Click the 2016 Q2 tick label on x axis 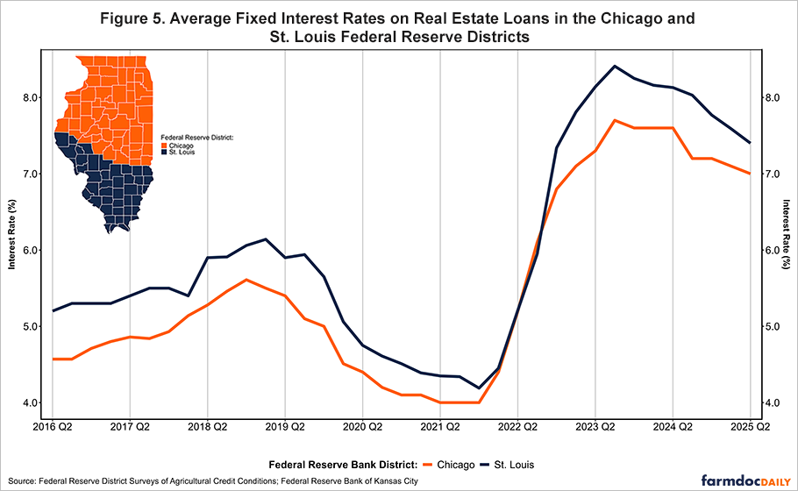[52, 428]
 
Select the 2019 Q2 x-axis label [284, 428]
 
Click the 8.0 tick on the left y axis [29, 97]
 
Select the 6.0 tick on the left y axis [29, 250]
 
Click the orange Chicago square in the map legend [164, 146]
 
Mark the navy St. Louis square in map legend [164, 153]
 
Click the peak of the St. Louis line [615, 66]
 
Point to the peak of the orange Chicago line [615, 120]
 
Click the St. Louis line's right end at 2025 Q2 [750, 142]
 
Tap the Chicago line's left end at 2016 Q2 [53, 359]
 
